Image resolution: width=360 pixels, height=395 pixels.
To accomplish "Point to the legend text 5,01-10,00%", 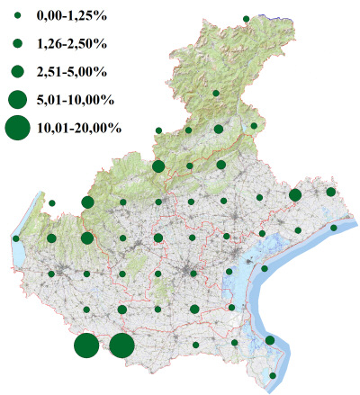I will coord(74,98).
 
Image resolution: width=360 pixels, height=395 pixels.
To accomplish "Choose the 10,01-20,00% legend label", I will coord(78,129).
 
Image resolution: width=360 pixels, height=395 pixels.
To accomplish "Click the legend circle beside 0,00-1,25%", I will coord(17,16).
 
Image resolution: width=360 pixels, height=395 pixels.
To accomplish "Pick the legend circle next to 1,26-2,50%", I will coord(17,43).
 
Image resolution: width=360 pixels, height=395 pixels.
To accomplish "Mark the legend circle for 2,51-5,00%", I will coord(17,70).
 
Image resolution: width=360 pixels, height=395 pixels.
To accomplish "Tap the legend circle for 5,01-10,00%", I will coord(17,98).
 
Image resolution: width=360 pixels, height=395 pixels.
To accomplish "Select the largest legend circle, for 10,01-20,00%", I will coord(17,129).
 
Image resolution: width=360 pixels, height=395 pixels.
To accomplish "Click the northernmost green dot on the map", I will coord(246,18).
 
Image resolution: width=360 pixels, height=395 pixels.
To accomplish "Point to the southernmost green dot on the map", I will coord(274,375).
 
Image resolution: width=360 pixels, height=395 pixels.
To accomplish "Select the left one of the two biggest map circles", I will coord(86,346).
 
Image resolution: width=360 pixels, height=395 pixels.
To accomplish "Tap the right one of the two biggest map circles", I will coord(121,346).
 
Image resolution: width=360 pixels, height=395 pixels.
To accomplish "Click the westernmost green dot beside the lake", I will coord(16,238).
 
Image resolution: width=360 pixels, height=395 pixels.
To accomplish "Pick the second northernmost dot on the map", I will coord(216,94).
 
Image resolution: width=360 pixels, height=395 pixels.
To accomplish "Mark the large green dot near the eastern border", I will coord(294,194).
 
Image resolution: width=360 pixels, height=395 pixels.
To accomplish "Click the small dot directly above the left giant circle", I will coord(86,310).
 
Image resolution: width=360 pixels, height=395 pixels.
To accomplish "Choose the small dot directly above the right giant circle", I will coord(122,310).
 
